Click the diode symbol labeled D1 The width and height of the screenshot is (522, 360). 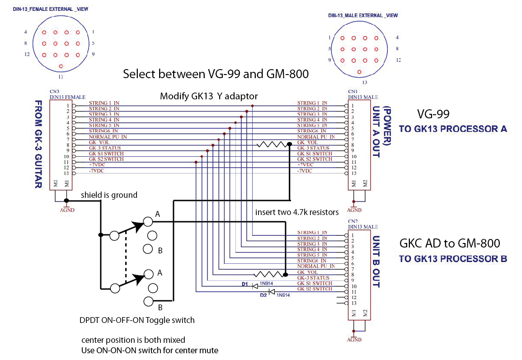click(x=255, y=285)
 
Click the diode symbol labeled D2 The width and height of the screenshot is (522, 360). click(x=272, y=292)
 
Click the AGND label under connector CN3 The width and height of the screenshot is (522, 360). click(x=67, y=210)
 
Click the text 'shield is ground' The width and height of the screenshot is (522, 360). click(x=109, y=195)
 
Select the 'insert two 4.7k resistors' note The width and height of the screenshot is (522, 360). click(x=296, y=212)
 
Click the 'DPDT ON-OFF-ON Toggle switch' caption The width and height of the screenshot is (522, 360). click(x=137, y=320)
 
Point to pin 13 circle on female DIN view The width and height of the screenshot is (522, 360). click(x=61, y=66)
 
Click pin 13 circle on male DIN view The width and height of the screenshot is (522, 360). click(x=359, y=71)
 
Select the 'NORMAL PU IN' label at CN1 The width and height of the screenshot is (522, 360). click(x=316, y=136)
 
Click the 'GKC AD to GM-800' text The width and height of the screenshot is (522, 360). click(x=450, y=243)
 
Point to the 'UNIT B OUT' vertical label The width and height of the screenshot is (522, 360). click(x=376, y=262)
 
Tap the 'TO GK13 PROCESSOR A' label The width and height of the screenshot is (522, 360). click(x=453, y=129)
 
